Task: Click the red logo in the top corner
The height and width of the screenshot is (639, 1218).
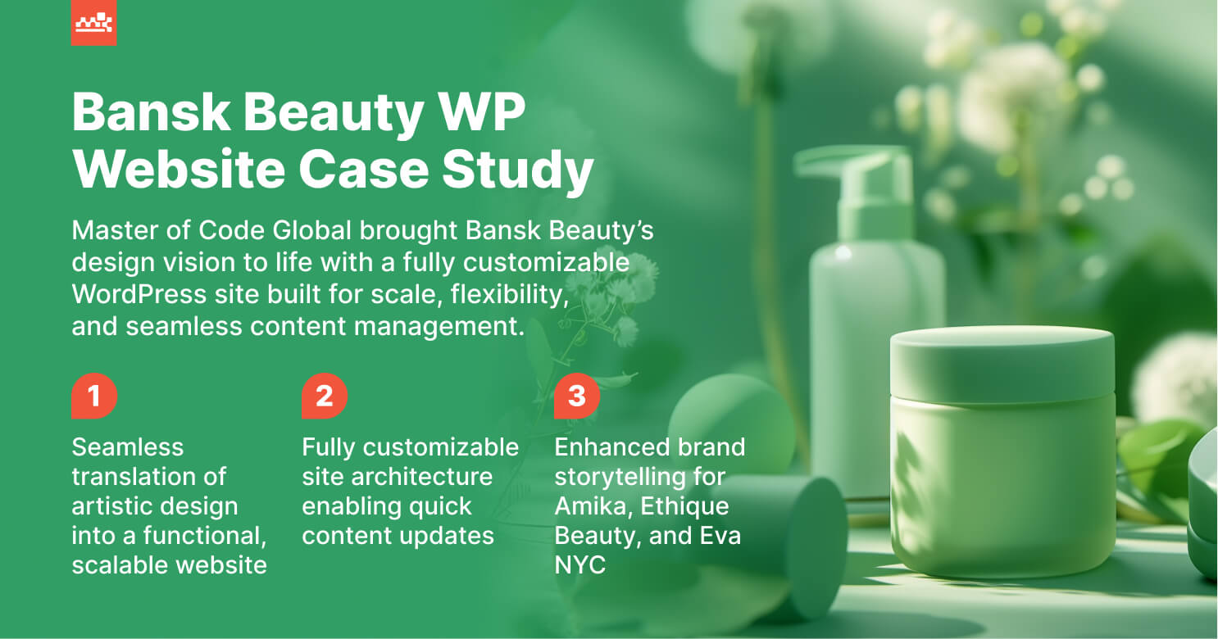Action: click(93, 22)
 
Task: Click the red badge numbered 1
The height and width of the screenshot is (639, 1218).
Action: click(94, 397)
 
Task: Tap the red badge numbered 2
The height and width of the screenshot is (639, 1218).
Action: click(325, 397)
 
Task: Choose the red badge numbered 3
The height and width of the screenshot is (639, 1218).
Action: click(577, 397)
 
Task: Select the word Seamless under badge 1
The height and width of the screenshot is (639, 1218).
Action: click(128, 447)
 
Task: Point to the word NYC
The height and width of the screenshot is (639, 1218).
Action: click(579, 565)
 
